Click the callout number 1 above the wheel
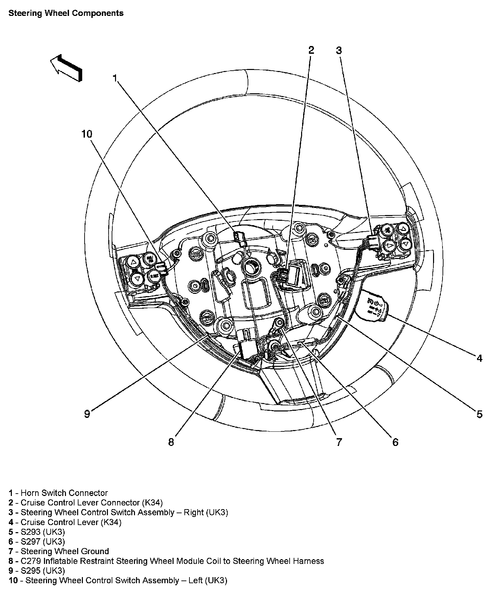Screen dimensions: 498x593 [x=115, y=78]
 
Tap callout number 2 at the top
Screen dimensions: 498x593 [x=311, y=50]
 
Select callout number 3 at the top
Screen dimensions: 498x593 [x=339, y=51]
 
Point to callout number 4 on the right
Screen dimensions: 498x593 [x=479, y=358]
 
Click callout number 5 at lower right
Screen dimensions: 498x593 [x=479, y=414]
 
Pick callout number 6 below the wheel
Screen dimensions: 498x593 [x=395, y=442]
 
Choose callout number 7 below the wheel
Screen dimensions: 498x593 [x=339, y=442]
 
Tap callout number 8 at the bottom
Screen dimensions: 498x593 [x=171, y=442]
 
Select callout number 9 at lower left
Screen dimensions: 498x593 [x=87, y=414]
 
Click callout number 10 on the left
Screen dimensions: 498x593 [x=87, y=134]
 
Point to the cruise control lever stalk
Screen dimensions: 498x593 [x=372, y=304]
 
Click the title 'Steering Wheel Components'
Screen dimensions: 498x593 [x=66, y=13]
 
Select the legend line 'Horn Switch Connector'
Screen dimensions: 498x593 [x=58, y=493]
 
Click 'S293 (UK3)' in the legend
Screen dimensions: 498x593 [x=37, y=532]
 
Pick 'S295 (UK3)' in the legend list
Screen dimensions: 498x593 [x=37, y=571]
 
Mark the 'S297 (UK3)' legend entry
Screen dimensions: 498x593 [x=37, y=542]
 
